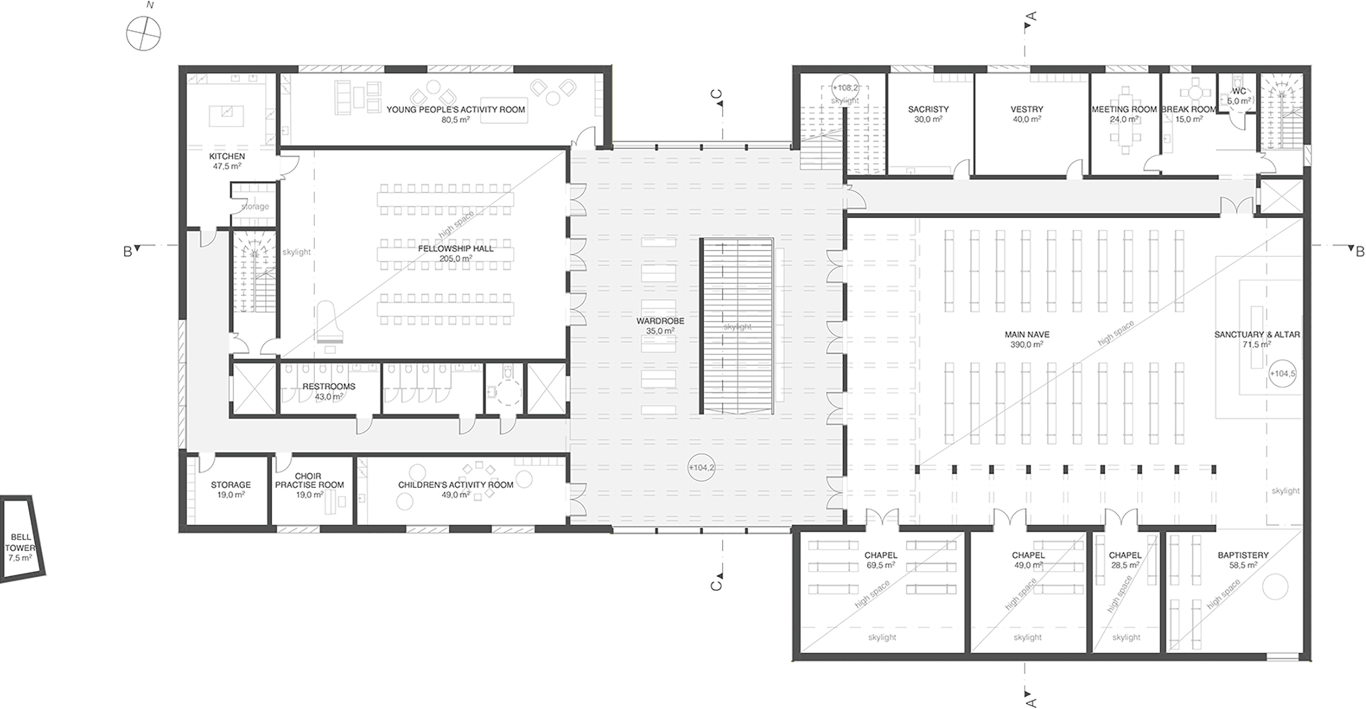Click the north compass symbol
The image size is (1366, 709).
tap(143, 34)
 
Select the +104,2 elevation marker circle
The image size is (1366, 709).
tap(702, 467)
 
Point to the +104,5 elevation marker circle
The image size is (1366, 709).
tap(1282, 373)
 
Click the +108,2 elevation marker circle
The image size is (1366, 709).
tap(845, 88)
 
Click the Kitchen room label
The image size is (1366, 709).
tap(227, 156)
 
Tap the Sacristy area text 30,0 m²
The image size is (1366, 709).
tap(928, 119)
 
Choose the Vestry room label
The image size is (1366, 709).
tap(1027, 109)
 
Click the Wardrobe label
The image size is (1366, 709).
tap(660, 321)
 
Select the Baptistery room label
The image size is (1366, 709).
tap(1243, 555)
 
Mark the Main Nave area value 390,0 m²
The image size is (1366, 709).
tap(1027, 344)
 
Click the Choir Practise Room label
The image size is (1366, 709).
tap(309, 480)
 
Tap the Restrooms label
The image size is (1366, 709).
tap(328, 386)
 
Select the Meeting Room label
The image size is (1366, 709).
tap(1124, 109)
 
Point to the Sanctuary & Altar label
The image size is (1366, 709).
tap(1257, 334)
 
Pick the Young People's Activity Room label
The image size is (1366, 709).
tap(456, 109)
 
